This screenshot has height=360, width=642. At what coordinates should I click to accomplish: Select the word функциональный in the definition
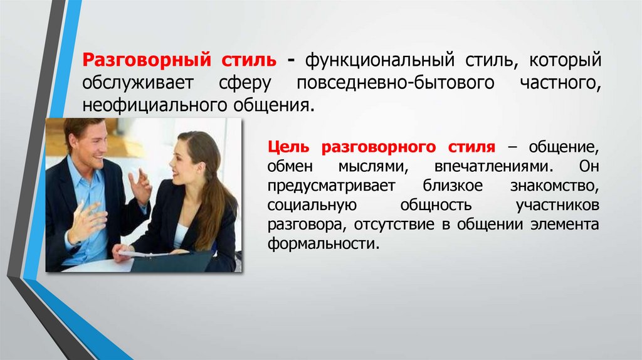[374, 61]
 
